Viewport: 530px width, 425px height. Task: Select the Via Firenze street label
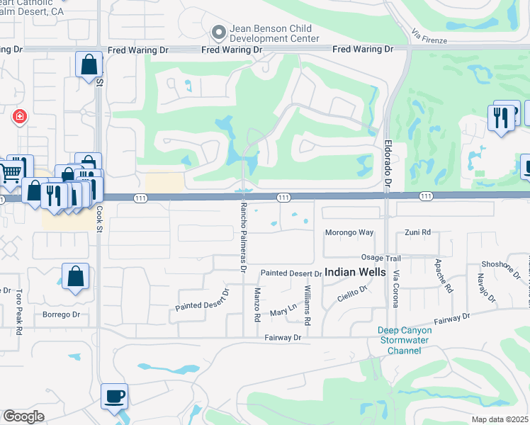click(x=429, y=37)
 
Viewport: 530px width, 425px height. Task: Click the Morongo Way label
click(x=349, y=232)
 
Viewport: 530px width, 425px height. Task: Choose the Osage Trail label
click(x=381, y=259)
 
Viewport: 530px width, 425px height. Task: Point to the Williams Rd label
click(x=307, y=305)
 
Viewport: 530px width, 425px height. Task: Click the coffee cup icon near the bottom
click(x=114, y=396)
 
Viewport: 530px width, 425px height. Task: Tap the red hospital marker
click(x=19, y=115)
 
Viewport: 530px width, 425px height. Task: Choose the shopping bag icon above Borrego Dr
click(x=75, y=277)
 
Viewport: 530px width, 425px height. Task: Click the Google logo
click(x=24, y=416)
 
